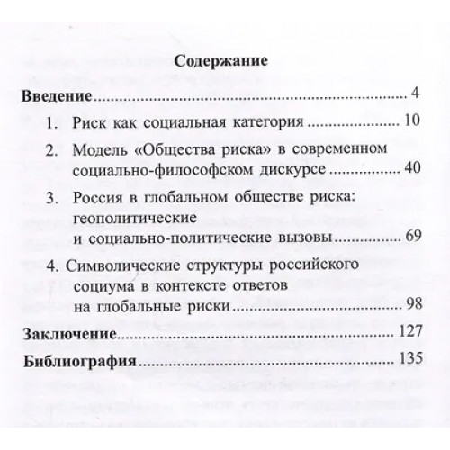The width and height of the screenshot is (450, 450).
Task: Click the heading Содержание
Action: pyautogui.click(x=224, y=64)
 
